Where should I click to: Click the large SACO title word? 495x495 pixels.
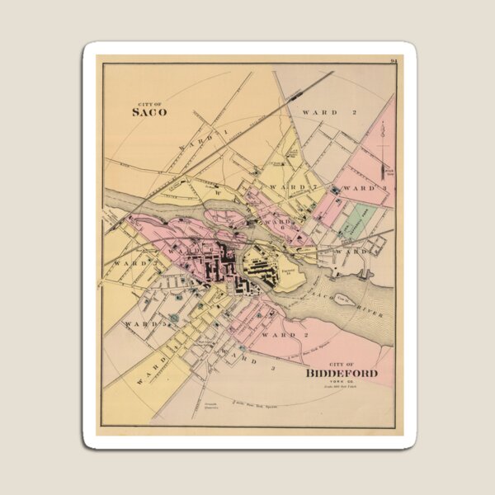(x=150, y=112)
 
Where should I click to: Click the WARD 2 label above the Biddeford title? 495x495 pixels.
(x=279, y=336)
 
